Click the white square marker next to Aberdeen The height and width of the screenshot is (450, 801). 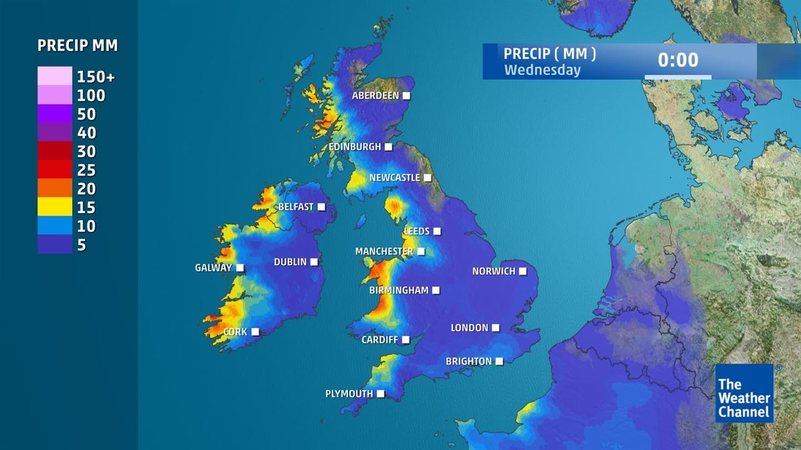407,96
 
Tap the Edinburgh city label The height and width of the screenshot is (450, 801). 355,147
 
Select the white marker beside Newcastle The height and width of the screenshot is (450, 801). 427,178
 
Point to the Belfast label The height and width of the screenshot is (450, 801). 296,207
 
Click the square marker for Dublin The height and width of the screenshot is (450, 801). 314,262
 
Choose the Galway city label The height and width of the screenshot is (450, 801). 213,268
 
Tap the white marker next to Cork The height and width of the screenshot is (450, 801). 255,332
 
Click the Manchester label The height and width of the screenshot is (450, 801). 384,252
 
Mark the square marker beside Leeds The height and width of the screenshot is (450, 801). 437,231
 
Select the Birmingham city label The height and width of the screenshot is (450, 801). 399,291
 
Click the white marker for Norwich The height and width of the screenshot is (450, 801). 523,271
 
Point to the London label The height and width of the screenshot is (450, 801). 469,328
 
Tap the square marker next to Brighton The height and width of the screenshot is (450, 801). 499,361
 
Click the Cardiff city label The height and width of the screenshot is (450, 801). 380,340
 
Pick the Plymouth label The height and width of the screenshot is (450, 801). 349,394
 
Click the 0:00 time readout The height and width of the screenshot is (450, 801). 678,60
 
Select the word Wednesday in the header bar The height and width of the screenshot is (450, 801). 543,70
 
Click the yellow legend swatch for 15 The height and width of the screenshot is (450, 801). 54,207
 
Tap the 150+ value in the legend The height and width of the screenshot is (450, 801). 96,77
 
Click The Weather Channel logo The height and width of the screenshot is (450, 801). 744,394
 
